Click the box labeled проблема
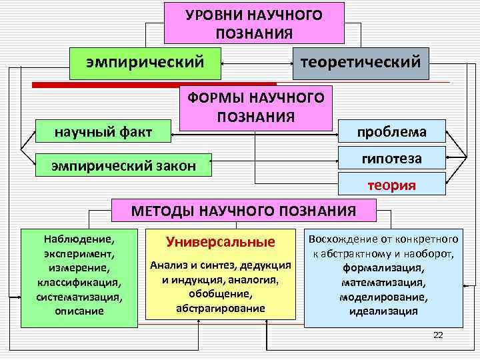coord(392,131)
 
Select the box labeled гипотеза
coord(392,159)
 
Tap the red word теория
coord(392,186)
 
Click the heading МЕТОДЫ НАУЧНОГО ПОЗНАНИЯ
coord(244,211)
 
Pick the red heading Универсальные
coord(220,241)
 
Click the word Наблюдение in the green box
coord(78,238)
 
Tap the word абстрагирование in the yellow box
coord(220,308)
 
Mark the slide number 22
coord(437,335)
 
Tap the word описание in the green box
coord(78,311)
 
